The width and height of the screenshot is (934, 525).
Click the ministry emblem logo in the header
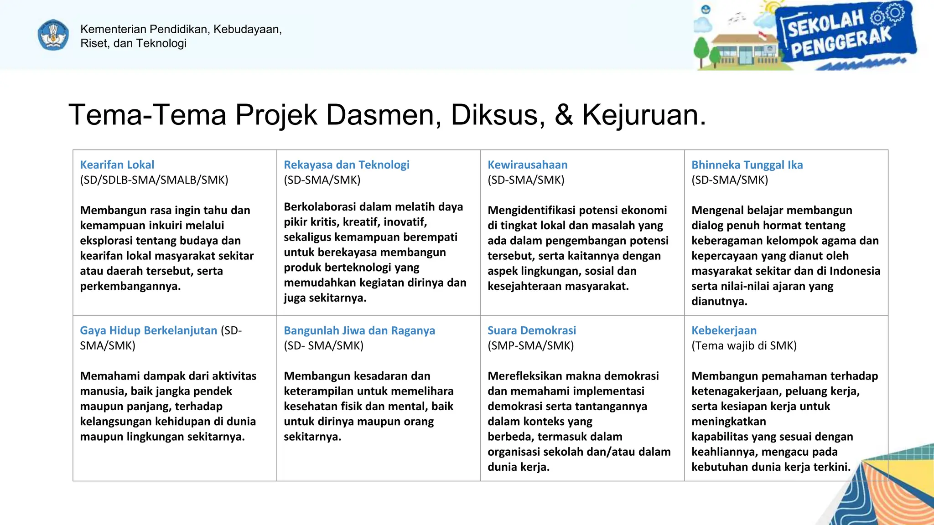53,35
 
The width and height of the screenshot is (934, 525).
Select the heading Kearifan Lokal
117,165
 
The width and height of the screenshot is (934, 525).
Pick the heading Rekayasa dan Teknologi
347,165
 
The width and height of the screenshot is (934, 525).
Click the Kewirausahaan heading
528,165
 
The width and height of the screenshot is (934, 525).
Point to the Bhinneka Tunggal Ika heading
747,165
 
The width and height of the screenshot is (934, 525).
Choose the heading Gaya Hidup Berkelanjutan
149,330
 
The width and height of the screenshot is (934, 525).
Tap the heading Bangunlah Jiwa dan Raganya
359,330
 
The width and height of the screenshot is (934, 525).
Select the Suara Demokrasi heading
532,330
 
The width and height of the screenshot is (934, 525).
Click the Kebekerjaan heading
724,330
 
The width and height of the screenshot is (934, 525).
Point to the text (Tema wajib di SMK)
744,345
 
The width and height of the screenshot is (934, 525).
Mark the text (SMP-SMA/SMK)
531,345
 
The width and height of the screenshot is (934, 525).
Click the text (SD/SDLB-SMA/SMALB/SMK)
154,180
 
